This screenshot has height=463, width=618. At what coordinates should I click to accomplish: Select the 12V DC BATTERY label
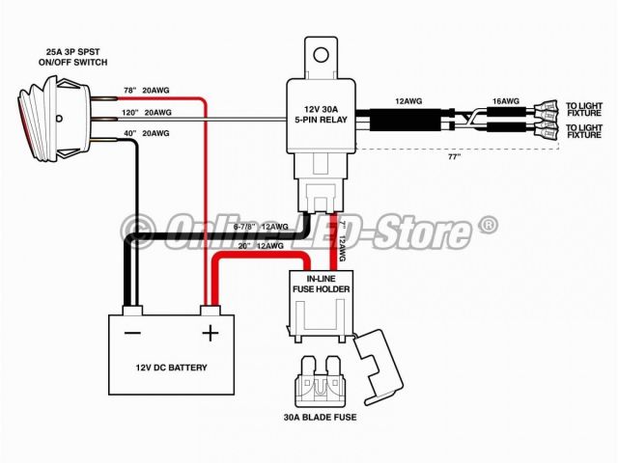pyautogui.click(x=171, y=368)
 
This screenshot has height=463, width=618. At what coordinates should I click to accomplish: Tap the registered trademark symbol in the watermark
pyautogui.click(x=489, y=225)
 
